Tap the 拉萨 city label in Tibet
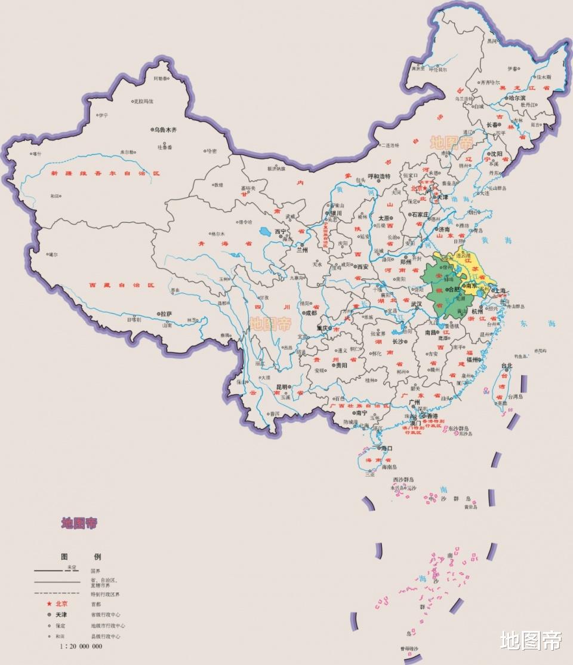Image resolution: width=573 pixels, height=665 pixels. pyautogui.click(x=166, y=313)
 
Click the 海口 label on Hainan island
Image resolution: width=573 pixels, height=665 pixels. pyautogui.click(x=387, y=448)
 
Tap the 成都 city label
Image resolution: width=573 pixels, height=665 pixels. pyautogui.click(x=310, y=312)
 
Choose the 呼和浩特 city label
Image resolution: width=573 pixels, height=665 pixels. pyautogui.click(x=378, y=176)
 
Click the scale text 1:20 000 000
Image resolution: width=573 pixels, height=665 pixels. pyautogui.click(x=81, y=646)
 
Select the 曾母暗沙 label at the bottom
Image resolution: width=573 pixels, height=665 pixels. pyautogui.click(x=409, y=649)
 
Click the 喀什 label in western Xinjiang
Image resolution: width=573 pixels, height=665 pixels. pyautogui.click(x=37, y=154)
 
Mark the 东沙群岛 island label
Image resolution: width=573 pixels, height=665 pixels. pyautogui.click(x=458, y=428)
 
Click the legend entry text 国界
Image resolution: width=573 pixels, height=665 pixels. pyautogui.click(x=95, y=571)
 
